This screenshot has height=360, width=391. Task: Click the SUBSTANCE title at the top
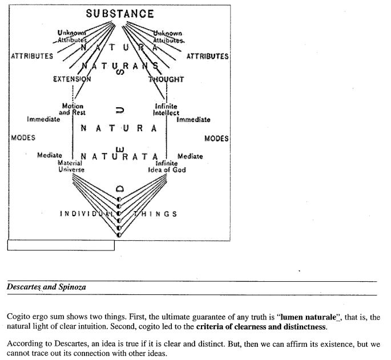120,14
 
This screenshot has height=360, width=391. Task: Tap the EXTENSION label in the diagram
72,80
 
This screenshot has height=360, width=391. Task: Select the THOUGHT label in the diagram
166,80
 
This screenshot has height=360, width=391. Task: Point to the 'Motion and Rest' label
72,110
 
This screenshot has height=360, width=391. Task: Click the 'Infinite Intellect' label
166,110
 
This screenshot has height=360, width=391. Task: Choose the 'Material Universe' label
71,167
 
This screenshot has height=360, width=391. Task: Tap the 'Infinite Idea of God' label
167,167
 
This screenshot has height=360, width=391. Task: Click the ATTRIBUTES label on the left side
32,56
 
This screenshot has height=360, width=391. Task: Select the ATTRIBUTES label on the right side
207,56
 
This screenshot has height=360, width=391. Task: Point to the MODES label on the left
23,138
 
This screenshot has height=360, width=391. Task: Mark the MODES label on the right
216,139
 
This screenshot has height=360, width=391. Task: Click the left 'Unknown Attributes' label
72,37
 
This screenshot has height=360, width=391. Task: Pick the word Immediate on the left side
43,119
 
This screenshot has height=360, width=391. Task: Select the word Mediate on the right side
190,156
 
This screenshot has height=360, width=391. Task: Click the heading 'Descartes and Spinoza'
46,287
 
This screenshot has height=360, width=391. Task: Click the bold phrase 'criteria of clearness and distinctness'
260,327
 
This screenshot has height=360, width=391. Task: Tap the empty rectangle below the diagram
61,245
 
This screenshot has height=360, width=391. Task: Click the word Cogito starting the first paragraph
18,316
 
